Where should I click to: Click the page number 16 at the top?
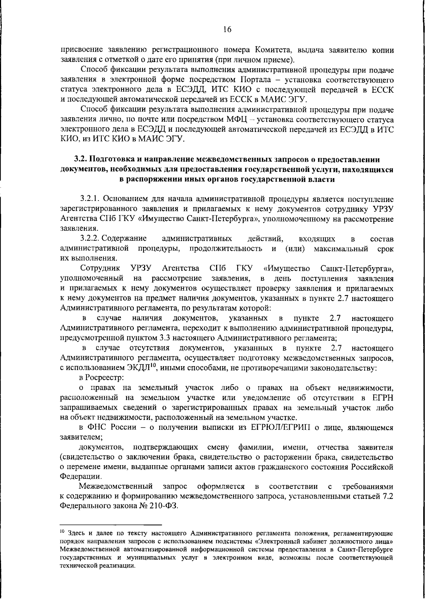click(227, 30)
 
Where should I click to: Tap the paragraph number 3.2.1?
click(90, 200)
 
